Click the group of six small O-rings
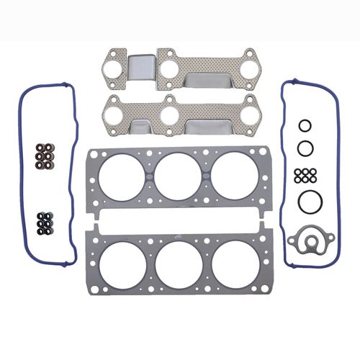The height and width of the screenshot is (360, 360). pos(305,174)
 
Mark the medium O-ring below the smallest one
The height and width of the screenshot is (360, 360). pos(305,148)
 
